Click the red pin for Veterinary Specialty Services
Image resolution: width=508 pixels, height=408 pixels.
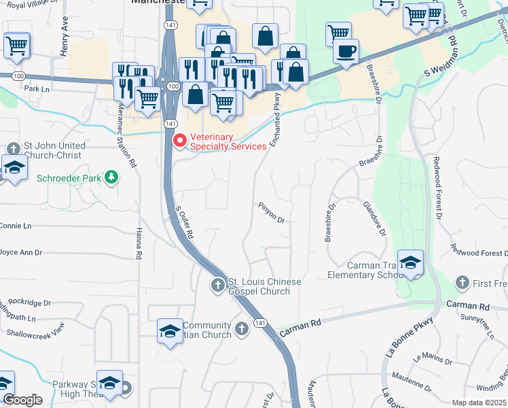(x=180, y=141)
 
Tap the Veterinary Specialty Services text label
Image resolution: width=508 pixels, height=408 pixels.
(x=229, y=146)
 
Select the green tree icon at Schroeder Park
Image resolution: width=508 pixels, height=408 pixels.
(x=111, y=178)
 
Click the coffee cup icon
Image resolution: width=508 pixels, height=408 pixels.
(x=346, y=51)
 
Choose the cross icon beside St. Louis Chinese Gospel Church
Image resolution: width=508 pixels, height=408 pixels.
(x=217, y=285)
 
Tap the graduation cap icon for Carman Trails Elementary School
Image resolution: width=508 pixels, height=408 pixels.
(x=411, y=262)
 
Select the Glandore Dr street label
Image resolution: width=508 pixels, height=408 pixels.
(x=374, y=218)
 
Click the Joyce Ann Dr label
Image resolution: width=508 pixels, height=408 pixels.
(x=20, y=252)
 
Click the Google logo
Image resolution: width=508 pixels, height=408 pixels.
(x=22, y=400)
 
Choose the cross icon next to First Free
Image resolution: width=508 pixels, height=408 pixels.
(x=462, y=282)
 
